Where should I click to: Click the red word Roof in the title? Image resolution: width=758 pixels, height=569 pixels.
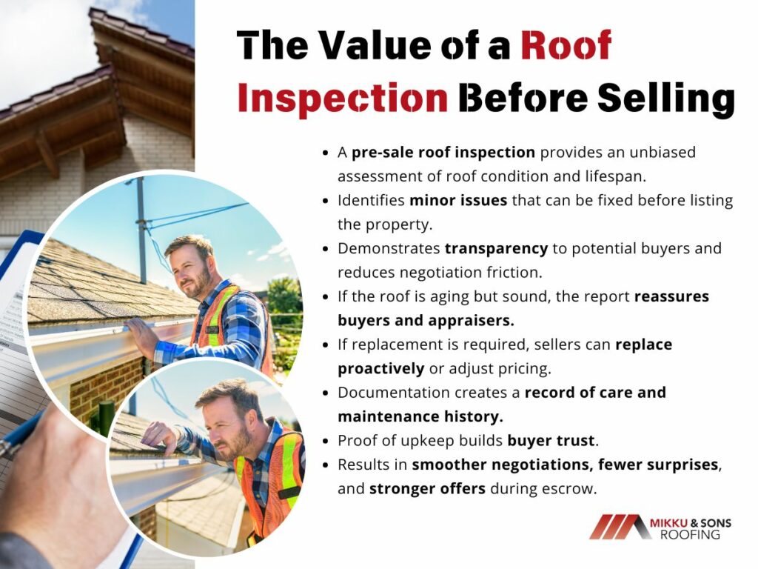tap(566, 44)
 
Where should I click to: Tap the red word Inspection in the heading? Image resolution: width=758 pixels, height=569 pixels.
tap(343, 99)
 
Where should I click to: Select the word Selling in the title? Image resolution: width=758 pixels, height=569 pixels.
tap(666, 99)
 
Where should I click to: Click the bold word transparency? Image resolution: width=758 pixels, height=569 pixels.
tap(496, 248)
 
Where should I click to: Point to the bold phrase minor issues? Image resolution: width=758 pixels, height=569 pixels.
tap(457, 200)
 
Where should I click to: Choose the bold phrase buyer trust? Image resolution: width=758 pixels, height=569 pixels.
tap(551, 440)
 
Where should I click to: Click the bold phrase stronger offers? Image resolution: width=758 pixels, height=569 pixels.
tap(427, 489)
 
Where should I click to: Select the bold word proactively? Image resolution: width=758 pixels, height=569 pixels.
tap(381, 369)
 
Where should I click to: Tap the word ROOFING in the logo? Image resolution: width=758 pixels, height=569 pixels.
tap(690, 534)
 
